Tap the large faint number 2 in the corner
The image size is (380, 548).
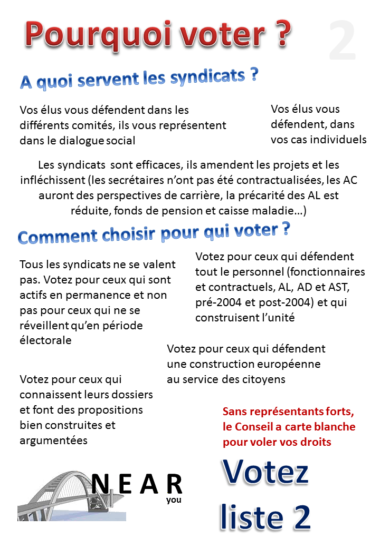coord(343,41)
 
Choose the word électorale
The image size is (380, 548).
coord(45,340)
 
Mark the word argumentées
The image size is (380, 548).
coord(54,440)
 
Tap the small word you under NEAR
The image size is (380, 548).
coord(174,500)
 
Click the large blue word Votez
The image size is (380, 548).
coord(265,473)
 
